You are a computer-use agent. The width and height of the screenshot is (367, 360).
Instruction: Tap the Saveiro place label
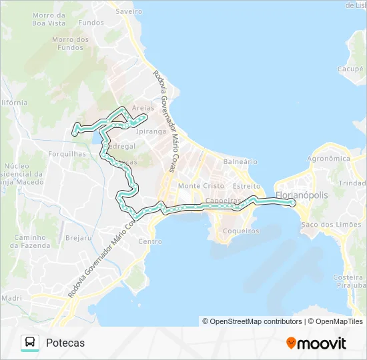pos(129,11)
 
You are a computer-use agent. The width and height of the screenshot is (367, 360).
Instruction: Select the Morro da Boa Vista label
pos(48,19)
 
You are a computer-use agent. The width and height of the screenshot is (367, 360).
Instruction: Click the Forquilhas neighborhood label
pos(68,153)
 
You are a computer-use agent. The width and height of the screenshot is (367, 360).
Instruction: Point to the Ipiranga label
pos(151,131)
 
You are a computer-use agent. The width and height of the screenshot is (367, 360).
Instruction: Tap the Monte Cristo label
pos(201,186)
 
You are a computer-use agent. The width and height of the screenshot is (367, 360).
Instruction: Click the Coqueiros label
pos(241,231)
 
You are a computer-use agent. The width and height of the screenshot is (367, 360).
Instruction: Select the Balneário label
pos(240,161)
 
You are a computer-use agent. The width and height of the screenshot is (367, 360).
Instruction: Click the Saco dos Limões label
pos(328,224)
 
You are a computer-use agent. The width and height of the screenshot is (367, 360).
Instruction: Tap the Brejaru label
pos(79,237)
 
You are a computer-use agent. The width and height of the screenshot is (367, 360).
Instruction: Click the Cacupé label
pos(350,69)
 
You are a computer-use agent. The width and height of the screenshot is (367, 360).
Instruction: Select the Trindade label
pos(353,183)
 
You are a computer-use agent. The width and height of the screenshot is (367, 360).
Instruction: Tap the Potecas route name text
pos(65,343)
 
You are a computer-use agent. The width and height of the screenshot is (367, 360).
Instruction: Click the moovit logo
pos(316,343)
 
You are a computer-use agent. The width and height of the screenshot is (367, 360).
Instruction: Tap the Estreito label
pos(246,186)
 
